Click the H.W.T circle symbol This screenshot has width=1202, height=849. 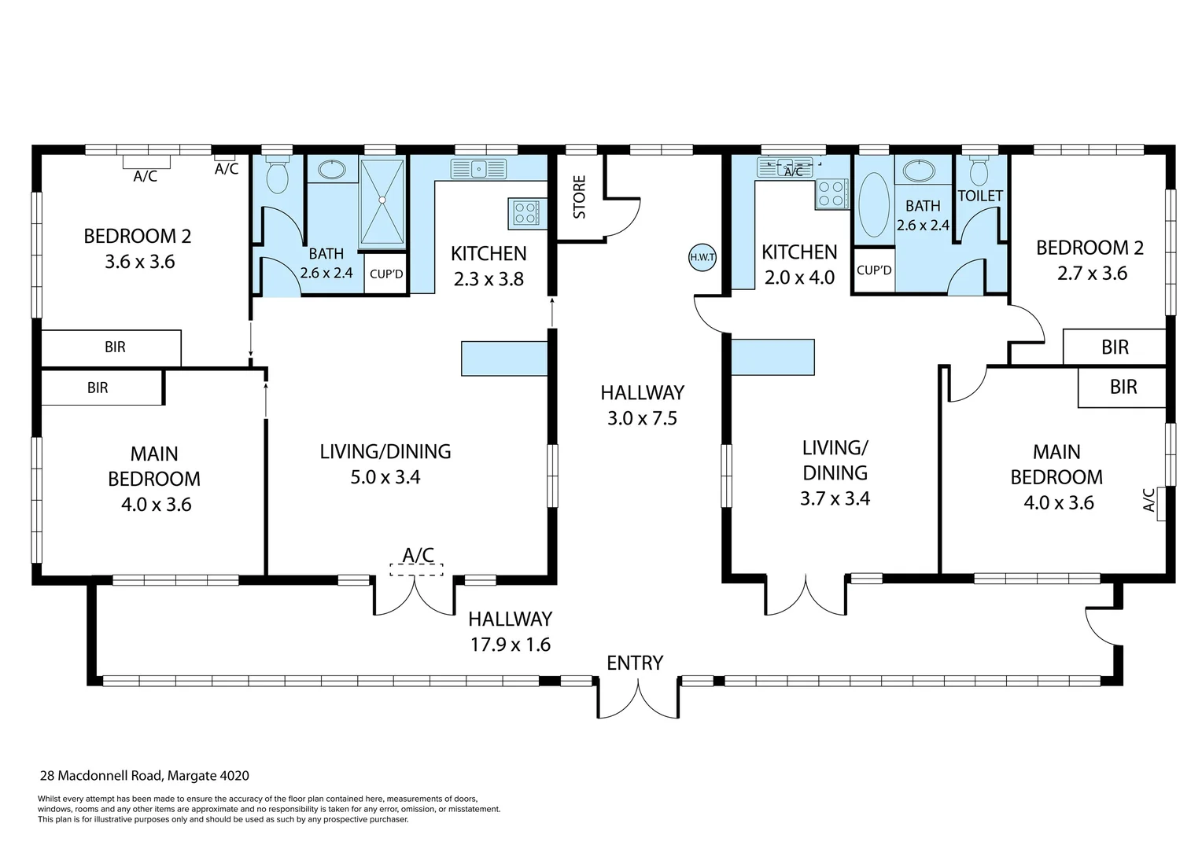pos(702,257)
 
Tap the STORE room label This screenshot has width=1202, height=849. pos(579,197)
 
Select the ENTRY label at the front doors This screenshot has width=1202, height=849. pos(635,663)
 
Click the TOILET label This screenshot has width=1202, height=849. pos(980,196)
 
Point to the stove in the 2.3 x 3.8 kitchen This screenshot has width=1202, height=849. pos(526,213)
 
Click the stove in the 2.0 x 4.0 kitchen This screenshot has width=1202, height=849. pos(831,193)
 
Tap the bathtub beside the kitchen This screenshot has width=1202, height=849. pos(874,204)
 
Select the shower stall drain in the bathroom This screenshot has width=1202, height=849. pos(382,200)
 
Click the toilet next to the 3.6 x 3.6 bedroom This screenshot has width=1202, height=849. pos(277,174)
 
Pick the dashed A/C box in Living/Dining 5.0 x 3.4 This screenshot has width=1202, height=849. pos(416,570)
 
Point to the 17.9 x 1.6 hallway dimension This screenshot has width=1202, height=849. pos(511,644)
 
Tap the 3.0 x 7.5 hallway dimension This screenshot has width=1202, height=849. pos(642,418)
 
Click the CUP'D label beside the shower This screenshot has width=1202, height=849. pos(386,274)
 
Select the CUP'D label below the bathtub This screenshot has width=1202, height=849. pos(874,270)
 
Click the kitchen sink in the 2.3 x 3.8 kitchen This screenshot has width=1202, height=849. pos(478,169)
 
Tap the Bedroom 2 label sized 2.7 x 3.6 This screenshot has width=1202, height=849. pos(1090,260)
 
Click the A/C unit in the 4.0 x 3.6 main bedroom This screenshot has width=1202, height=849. pos(1161,503)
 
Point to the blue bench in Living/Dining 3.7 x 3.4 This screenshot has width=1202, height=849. pos(773,357)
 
